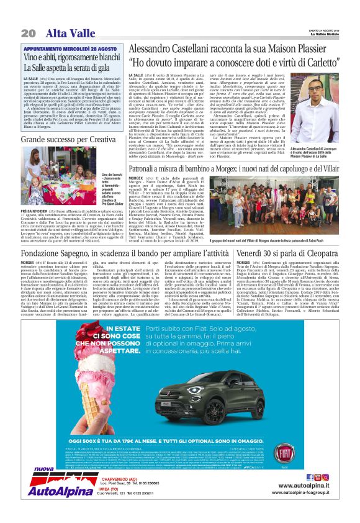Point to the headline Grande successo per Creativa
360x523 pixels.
pyautogui.click(x=68, y=139)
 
